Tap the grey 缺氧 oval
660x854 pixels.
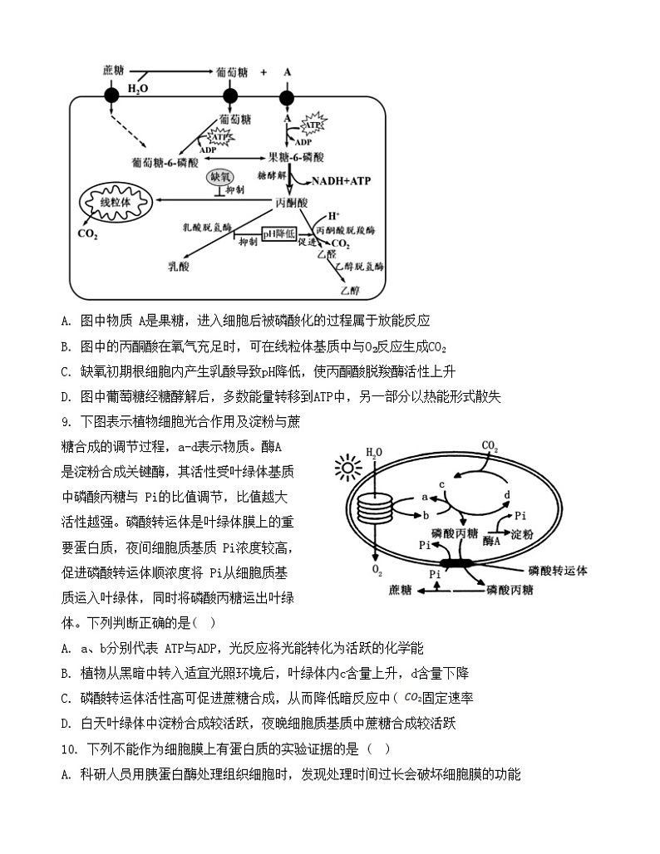click(x=222, y=177)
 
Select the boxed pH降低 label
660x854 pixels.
click(x=279, y=235)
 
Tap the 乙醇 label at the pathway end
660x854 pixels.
click(x=350, y=290)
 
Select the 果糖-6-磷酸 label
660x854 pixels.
click(x=296, y=156)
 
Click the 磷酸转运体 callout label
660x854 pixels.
click(x=558, y=571)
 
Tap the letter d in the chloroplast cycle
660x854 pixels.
click(x=507, y=495)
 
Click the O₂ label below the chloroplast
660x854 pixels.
click(x=377, y=570)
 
